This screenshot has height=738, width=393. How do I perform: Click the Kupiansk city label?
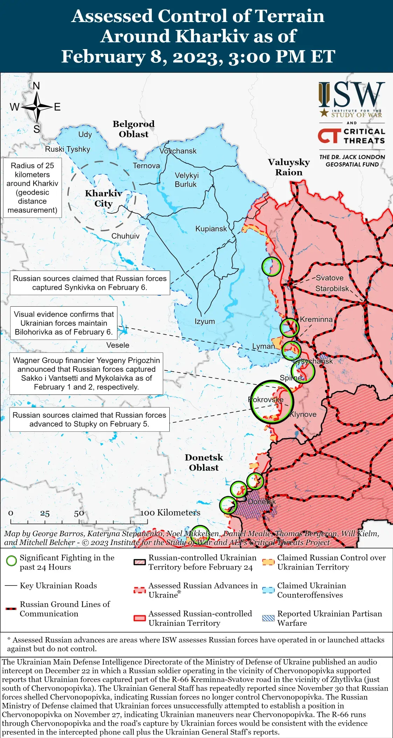[x=211, y=229]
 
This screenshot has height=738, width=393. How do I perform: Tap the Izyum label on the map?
[x=205, y=321]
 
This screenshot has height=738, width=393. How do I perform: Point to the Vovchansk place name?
[x=178, y=151]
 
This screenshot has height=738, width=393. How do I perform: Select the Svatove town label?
[x=329, y=278]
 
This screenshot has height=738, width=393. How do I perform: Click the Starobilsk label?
[x=332, y=288]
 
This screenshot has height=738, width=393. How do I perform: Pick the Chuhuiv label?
[x=125, y=236]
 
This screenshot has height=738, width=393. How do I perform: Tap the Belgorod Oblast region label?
[x=133, y=129]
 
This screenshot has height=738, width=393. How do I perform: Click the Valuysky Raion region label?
[x=289, y=167]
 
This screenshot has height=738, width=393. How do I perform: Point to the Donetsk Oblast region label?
[x=204, y=462]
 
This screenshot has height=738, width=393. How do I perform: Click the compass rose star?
[x=37, y=107]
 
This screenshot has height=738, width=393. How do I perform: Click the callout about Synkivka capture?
[x=90, y=283]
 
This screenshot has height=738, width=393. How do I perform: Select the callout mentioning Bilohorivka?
[x=64, y=323]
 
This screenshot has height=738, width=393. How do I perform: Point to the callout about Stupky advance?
[x=89, y=419]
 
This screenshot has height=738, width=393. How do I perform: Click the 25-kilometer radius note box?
[x=32, y=187]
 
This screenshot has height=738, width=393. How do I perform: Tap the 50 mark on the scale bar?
[x=79, y=513]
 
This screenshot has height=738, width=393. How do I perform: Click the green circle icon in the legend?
[x=12, y=561]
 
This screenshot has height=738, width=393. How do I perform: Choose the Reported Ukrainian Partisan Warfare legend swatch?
[x=268, y=618]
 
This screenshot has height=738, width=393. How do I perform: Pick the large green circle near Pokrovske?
[x=272, y=402]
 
